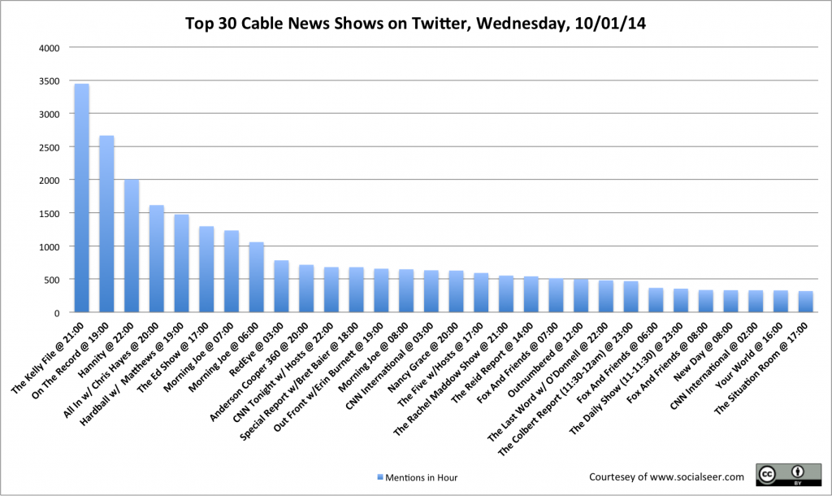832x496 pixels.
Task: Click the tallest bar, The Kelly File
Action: tap(81, 198)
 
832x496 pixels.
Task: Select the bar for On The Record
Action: tap(106, 224)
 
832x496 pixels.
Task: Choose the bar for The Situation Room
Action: tap(805, 302)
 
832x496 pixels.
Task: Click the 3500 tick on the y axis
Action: tap(50, 80)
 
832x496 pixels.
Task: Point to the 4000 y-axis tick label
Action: tap(50, 47)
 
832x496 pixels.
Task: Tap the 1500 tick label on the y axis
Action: tap(50, 213)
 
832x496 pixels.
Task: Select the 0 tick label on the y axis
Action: tap(57, 313)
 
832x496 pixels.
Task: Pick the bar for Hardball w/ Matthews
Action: tap(181, 263)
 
